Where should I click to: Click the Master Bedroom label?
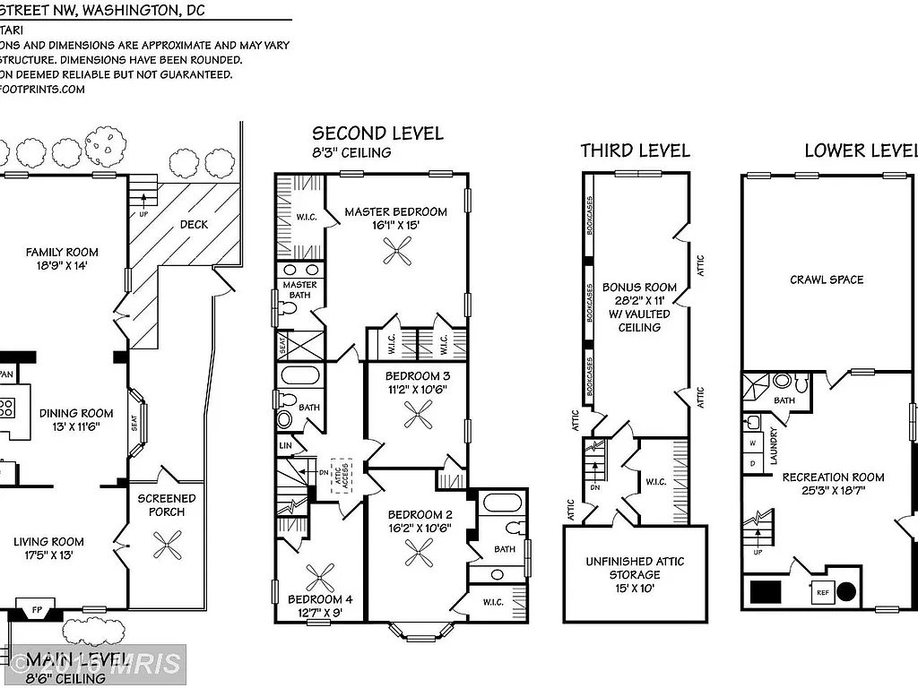pos(395,212)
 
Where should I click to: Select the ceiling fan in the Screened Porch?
pos(167,546)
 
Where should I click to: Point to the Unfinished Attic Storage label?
pos(635,568)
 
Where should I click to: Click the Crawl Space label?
pos(827,279)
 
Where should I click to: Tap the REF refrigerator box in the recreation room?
pos(822,592)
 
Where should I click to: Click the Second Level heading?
pos(377,133)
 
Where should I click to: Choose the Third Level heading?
pos(635,150)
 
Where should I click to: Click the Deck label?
pos(194,224)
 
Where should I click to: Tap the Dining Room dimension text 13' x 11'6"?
pos(76,426)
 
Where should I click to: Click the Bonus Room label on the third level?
pos(639,288)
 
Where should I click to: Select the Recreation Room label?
pos(833,477)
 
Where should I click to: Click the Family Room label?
pos(62,253)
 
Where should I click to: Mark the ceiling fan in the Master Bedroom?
pos(395,255)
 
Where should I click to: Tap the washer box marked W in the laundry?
pos(753,443)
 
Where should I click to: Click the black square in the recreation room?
pos(766,592)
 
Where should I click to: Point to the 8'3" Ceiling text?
pos(351,152)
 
